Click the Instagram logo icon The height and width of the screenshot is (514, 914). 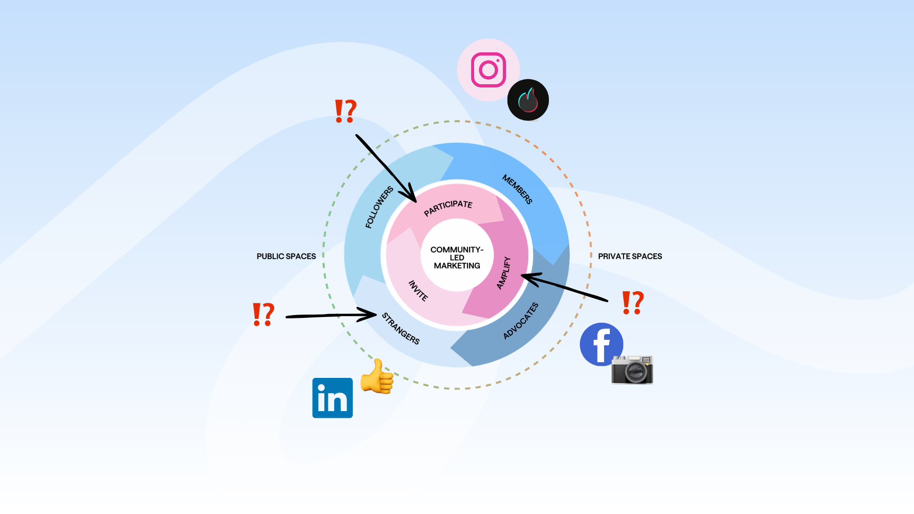coord(488,70)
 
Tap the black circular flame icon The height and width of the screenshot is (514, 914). coord(528,100)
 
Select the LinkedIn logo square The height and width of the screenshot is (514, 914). coord(332,398)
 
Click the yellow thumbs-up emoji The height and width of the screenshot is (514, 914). coord(377,376)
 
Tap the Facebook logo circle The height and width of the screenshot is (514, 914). coord(601,344)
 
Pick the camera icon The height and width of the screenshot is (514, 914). coord(632,370)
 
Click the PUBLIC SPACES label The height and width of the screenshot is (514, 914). coord(286,256)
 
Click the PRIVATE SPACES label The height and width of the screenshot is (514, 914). coord(630,256)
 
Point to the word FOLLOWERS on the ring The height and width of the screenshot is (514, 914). coord(379,207)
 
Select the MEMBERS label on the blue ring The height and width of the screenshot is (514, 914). coord(517,189)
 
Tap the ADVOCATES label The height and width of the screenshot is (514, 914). coord(521,321)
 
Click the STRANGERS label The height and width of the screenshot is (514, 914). coord(401,328)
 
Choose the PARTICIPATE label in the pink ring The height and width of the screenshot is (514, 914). coord(448,208)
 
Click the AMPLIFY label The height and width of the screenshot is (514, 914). coord(504,273)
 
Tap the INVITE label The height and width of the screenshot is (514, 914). coord(418,291)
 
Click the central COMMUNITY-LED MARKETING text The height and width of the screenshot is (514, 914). coord(457,257)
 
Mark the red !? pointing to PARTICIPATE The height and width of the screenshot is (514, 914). coord(346,111)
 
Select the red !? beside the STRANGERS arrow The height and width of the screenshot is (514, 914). coord(263,314)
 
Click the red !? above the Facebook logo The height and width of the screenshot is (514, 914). coord(633,303)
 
